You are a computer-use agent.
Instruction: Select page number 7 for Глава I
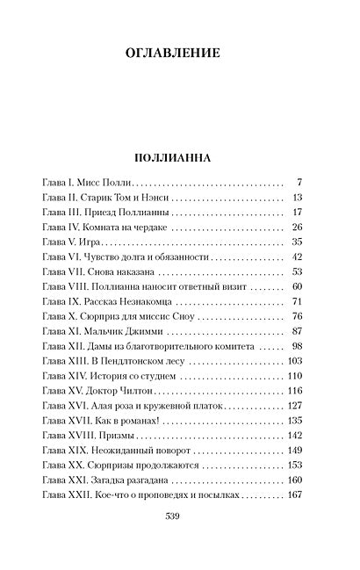tap(299, 182)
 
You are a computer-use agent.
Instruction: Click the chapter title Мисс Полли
tap(108, 182)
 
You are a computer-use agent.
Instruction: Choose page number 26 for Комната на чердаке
tap(297, 227)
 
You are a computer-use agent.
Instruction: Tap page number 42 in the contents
tap(297, 256)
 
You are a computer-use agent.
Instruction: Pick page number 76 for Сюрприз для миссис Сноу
tap(297, 317)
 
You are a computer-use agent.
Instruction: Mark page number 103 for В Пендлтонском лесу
tap(295, 362)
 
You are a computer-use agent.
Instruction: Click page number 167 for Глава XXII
tap(295, 495)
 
